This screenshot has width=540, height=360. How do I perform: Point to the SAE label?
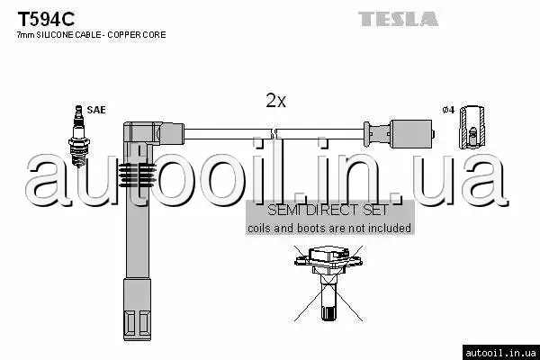(96, 110)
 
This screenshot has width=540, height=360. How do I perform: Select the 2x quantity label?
(275, 102)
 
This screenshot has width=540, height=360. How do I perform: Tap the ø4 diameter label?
(447, 110)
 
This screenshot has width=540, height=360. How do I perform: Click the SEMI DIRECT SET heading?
(328, 211)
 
